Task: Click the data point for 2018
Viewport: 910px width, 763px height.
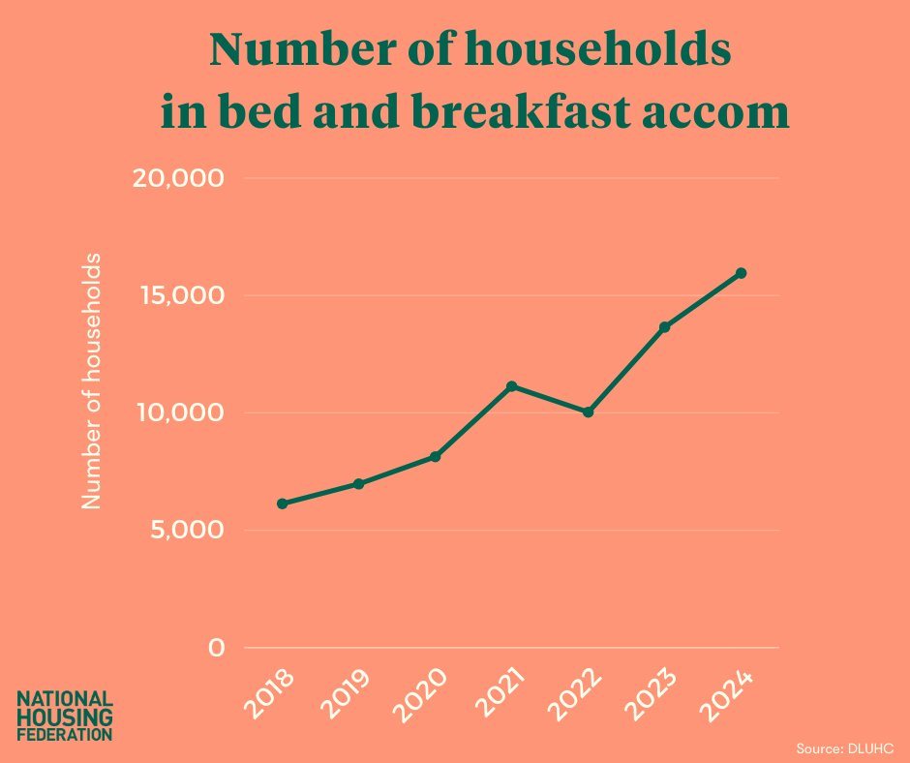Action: tap(282, 504)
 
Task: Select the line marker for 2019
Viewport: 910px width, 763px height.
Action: tap(358, 483)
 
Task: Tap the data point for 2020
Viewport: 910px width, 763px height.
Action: tap(436, 456)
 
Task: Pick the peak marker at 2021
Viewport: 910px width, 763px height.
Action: tap(511, 386)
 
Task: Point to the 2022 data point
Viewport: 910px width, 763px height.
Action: tap(588, 412)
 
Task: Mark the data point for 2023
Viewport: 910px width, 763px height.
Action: tap(665, 326)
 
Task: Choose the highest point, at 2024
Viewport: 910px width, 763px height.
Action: tap(742, 273)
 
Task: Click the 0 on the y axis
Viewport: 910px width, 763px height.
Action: tap(216, 648)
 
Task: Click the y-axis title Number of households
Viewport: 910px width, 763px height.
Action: tap(91, 381)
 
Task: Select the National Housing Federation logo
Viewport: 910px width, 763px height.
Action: tap(66, 716)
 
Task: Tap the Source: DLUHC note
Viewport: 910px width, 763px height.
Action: tap(844, 748)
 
